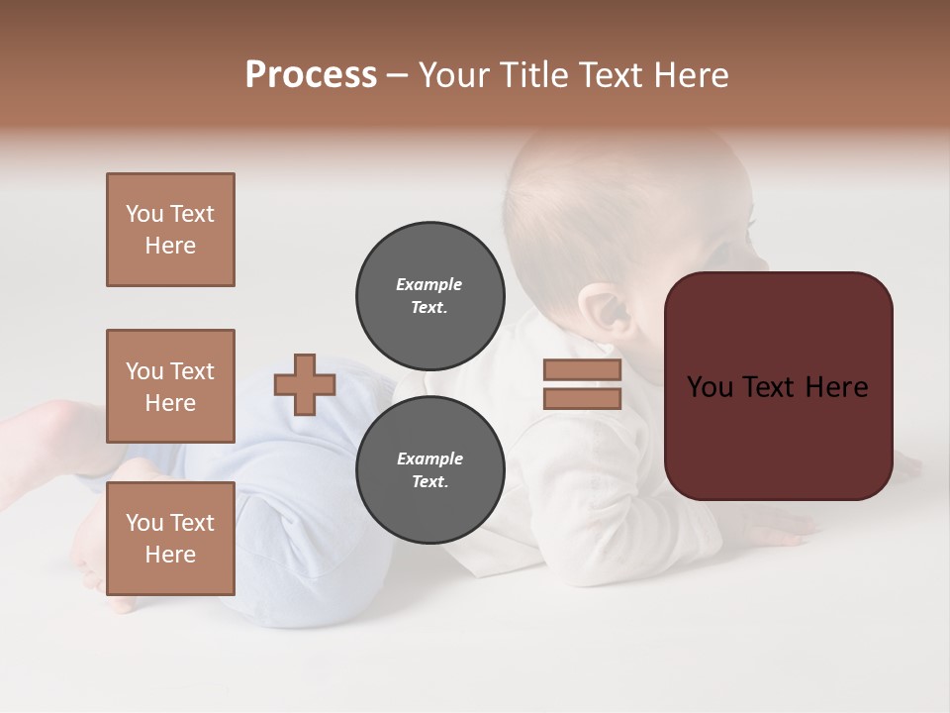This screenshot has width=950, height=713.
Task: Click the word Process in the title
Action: coord(311,75)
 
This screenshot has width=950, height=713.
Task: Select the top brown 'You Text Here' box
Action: coord(170,230)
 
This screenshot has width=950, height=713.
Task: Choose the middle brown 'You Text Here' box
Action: coord(170,386)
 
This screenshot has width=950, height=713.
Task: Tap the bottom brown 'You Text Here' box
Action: coord(170,539)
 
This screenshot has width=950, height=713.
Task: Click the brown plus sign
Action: coord(305,384)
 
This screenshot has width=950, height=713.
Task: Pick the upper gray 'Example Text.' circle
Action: coord(429,296)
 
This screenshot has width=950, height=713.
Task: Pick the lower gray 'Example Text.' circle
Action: coord(429,470)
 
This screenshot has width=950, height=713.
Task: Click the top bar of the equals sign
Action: coord(582,370)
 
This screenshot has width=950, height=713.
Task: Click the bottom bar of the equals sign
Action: coord(582,398)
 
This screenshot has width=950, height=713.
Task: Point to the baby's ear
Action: coord(604,309)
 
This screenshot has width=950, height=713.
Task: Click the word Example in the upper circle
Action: coord(429,284)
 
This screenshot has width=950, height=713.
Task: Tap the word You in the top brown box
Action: coord(144,214)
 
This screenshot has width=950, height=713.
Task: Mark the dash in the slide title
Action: coord(398,75)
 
